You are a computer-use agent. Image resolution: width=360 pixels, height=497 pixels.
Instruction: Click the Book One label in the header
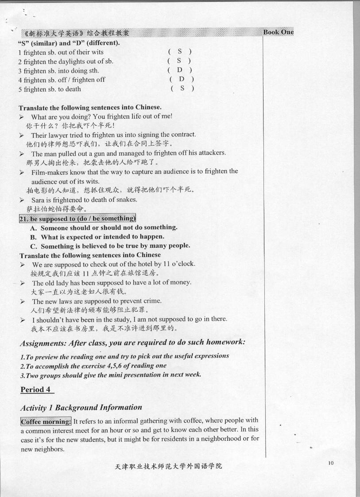click(x=278, y=32)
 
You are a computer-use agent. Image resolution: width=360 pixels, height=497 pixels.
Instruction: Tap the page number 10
click(x=331, y=463)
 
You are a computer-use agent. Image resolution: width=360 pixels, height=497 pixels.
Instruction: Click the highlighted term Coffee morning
click(x=46, y=421)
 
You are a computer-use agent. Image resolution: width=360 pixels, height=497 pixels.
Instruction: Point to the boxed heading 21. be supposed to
click(x=77, y=218)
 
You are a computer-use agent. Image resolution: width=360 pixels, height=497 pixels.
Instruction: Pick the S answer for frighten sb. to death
click(x=182, y=89)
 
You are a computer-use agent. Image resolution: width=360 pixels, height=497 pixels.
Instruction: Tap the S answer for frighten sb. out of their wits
click(x=179, y=52)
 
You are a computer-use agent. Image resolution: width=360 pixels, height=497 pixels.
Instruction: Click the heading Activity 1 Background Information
click(x=81, y=407)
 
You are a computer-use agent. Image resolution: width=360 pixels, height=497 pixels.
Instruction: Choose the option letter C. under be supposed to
click(x=34, y=246)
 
